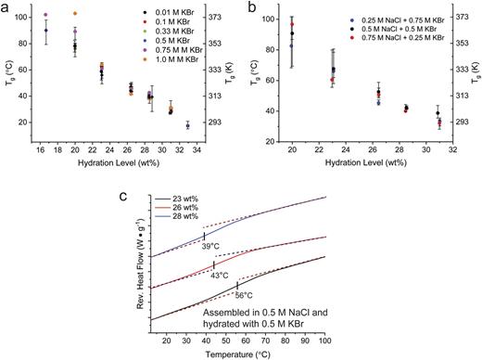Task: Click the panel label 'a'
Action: tap(6, 7)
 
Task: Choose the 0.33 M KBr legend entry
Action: tap(172, 45)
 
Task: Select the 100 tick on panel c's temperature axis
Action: tap(324, 343)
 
